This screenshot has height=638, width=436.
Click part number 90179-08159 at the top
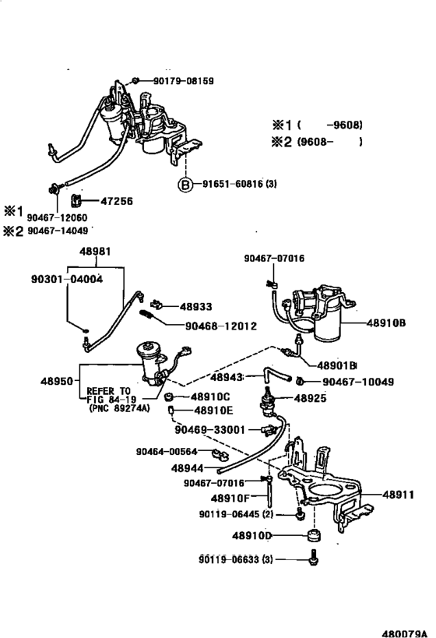(184, 80)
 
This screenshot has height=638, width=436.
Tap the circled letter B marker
(185, 185)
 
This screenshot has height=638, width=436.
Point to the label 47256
(116, 201)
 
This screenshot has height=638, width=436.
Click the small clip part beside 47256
(76, 200)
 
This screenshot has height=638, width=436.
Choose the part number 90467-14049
(58, 231)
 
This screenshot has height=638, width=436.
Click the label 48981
(95, 251)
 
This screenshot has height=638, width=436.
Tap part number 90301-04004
(67, 279)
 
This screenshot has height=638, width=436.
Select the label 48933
(196, 306)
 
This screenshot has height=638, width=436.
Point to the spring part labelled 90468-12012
(147, 315)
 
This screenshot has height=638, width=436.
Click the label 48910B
(386, 323)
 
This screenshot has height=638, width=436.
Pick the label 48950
(57, 381)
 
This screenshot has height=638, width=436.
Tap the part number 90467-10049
(358, 382)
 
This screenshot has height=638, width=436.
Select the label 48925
(311, 398)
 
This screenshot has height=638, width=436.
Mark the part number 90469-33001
(210, 430)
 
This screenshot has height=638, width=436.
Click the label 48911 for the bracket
(398, 495)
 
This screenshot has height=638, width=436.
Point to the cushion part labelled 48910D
(313, 535)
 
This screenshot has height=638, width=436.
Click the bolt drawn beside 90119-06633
(314, 558)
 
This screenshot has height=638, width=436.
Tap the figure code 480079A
(405, 633)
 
